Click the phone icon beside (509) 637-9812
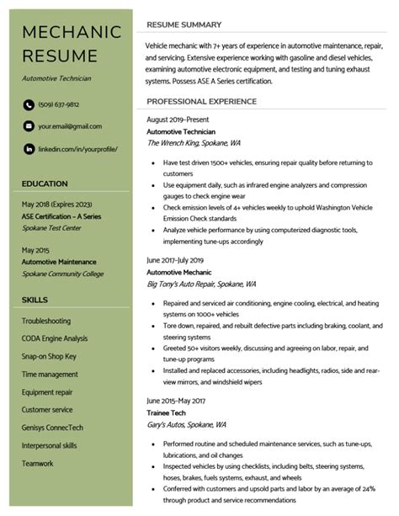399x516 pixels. pyautogui.click(x=28, y=104)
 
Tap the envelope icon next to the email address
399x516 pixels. pyautogui.click(x=28, y=126)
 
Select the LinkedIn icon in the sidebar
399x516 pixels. pyautogui.click(x=28, y=148)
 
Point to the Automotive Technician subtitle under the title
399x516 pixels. pyautogui.click(x=56, y=77)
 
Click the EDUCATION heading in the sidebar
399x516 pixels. pyautogui.click(x=45, y=183)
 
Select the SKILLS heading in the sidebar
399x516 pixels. pyautogui.click(x=35, y=299)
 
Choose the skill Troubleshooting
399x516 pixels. pyautogui.click(x=46, y=321)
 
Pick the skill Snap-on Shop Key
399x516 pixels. pyautogui.click(x=49, y=356)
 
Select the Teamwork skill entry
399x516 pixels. pyautogui.click(x=37, y=463)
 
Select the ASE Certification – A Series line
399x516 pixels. pyautogui.click(x=61, y=215)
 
